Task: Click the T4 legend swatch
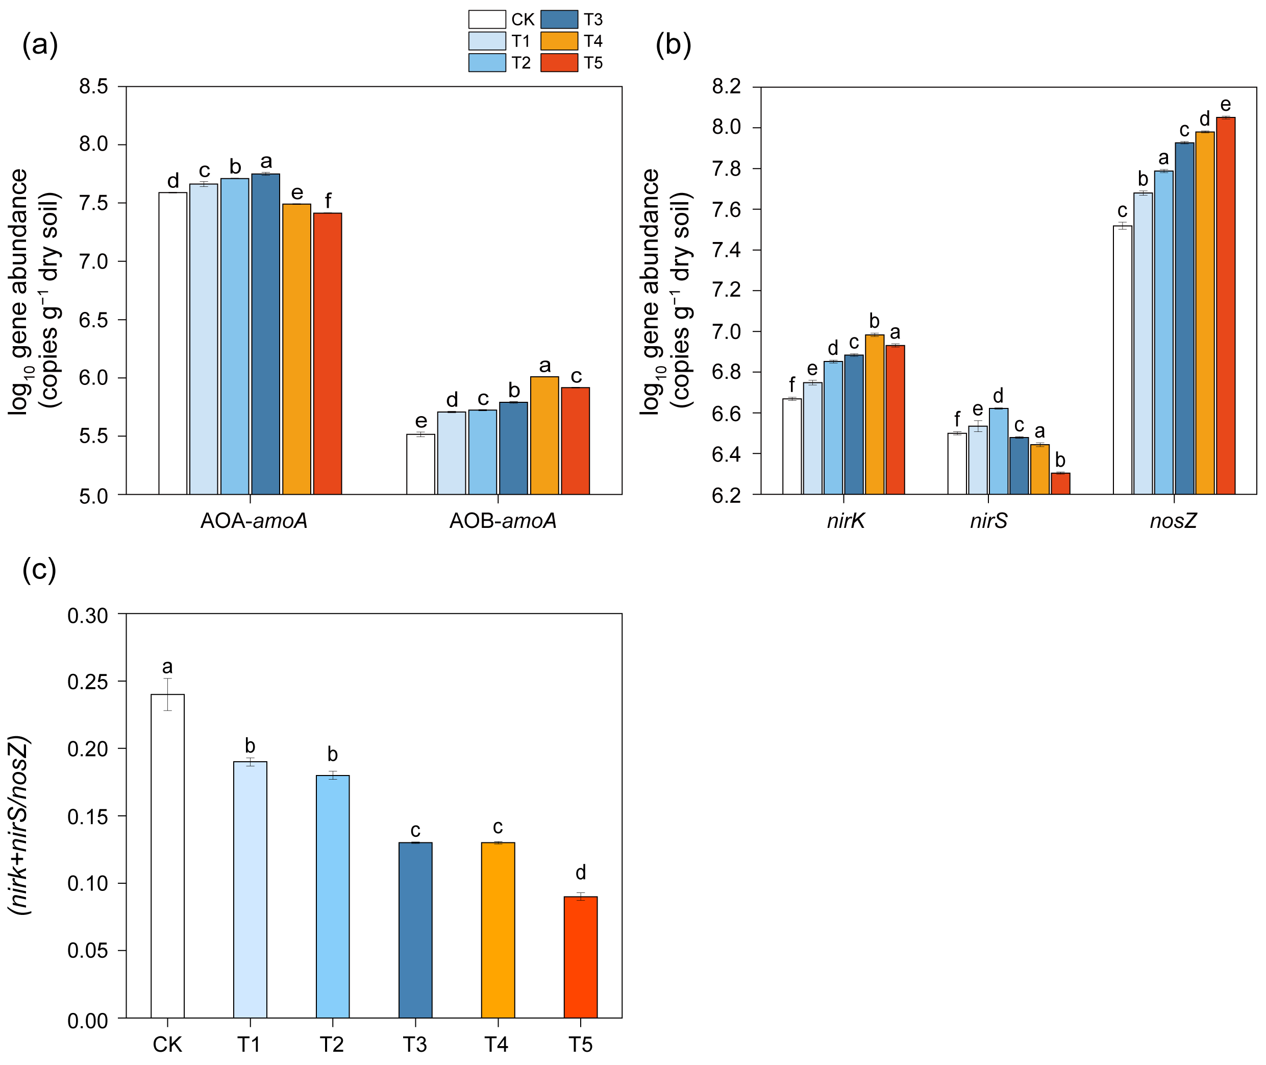[559, 41]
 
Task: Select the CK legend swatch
[487, 19]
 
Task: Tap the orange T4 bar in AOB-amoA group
[544, 435]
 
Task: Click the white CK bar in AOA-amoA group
[173, 344]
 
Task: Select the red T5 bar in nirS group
[1061, 483]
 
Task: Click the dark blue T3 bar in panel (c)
[415, 930]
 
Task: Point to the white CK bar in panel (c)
[168, 856]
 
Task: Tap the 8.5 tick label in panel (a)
[93, 86]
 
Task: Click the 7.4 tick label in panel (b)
[727, 250]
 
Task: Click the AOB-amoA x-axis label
[503, 520]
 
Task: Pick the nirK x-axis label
[846, 520]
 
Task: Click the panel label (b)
[673, 45]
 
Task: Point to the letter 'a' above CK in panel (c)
[168, 667]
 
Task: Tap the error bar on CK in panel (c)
[168, 694]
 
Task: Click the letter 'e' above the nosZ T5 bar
[1226, 105]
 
